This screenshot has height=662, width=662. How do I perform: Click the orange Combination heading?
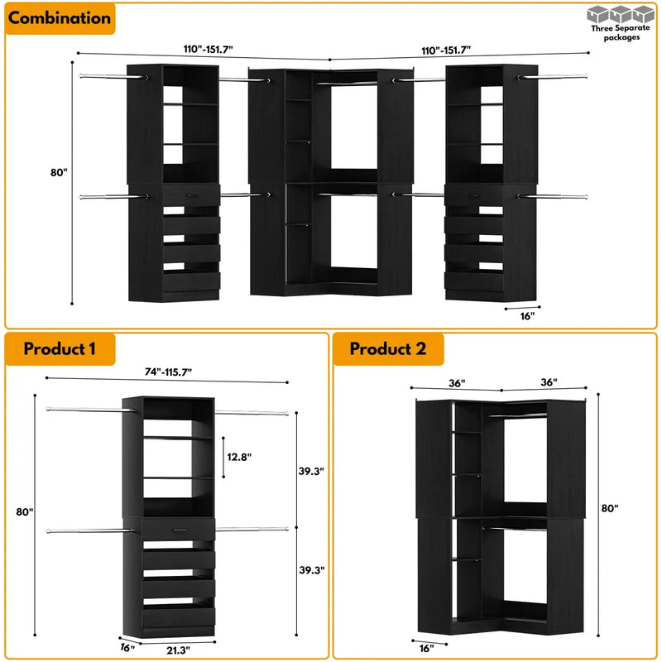click(x=60, y=17)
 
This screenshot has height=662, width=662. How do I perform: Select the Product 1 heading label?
click(x=60, y=348)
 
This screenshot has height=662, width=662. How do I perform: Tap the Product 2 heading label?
click(x=388, y=348)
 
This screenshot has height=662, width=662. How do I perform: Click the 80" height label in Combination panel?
click(x=58, y=173)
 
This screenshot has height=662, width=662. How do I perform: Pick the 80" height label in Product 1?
click(x=25, y=512)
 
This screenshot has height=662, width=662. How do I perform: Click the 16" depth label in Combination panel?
click(x=527, y=315)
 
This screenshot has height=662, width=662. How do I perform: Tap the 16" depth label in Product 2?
click(x=425, y=648)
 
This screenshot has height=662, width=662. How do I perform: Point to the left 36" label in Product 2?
click(x=457, y=382)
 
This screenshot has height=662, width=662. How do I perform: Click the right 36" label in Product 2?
click(x=547, y=382)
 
